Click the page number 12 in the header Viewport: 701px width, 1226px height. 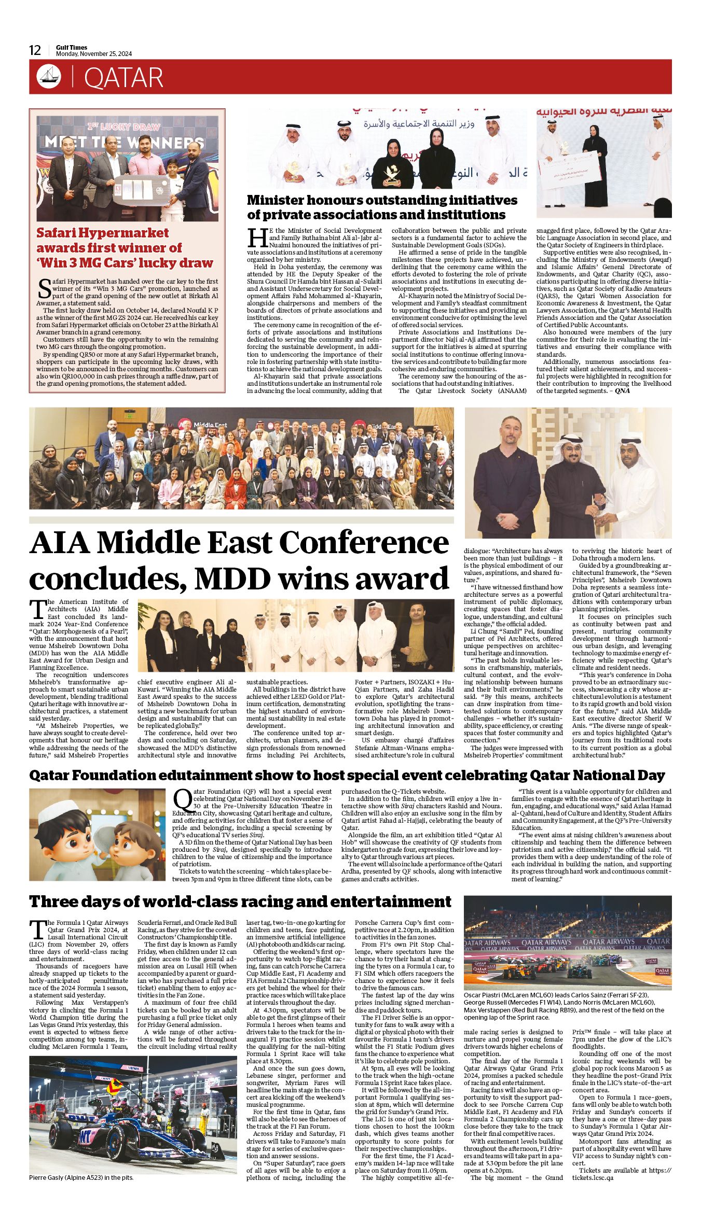click(x=35, y=50)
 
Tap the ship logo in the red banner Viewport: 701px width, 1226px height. click(x=49, y=77)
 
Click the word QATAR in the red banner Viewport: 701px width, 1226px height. click(x=123, y=78)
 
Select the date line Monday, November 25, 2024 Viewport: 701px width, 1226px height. click(x=94, y=54)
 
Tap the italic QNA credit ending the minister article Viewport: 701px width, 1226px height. click(x=622, y=391)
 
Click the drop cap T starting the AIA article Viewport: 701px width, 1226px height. click(x=37, y=609)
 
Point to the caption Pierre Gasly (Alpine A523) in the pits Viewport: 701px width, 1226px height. click(x=81, y=1177)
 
